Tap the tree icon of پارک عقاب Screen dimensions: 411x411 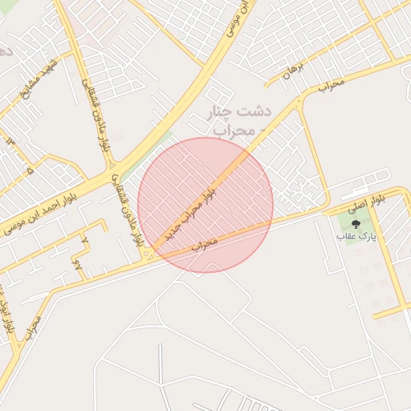[356, 225]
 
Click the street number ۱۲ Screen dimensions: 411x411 [10, 141]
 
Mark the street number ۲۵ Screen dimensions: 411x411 [77, 262]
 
